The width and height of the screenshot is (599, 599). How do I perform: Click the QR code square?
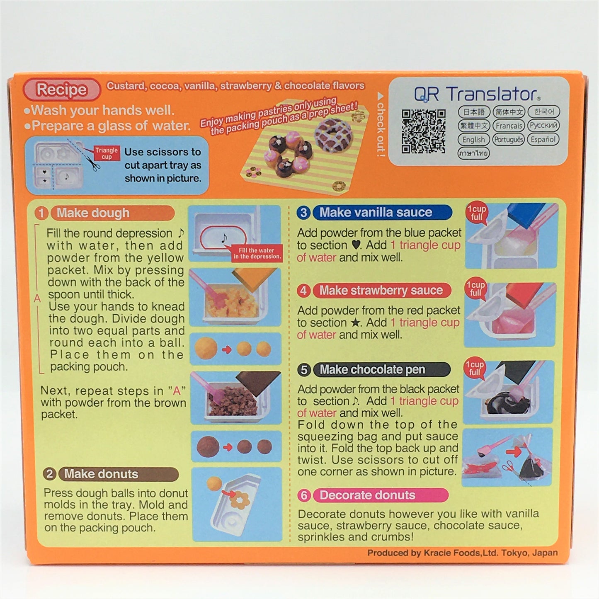(423, 131)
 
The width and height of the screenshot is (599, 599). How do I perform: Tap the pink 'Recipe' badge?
(61, 90)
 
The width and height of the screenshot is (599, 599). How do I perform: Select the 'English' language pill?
(473, 140)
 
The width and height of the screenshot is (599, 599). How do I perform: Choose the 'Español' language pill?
(543, 139)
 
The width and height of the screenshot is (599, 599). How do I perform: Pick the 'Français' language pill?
(509, 126)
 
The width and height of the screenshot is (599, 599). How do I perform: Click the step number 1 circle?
(41, 213)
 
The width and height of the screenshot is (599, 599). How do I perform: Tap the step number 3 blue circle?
(304, 213)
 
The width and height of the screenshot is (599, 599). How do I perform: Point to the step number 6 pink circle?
(304, 495)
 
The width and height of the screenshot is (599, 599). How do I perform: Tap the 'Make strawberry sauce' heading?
(382, 290)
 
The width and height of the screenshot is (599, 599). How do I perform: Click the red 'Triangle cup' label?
(106, 153)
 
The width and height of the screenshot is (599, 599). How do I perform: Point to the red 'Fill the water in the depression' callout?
(257, 253)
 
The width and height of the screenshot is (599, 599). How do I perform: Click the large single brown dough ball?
(208, 447)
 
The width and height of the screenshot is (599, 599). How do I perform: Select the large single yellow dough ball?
(206, 349)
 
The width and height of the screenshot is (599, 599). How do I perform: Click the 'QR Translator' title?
(477, 94)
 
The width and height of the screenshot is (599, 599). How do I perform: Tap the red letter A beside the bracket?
(37, 298)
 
